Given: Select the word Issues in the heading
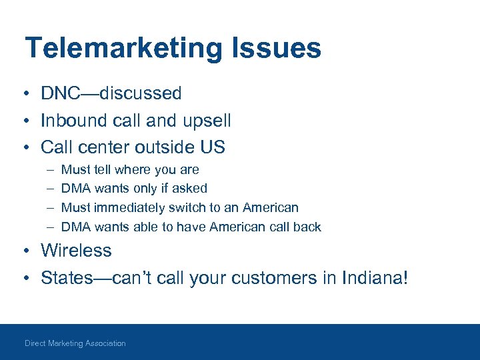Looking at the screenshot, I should pos(279,49).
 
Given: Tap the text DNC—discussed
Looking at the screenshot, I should pos(111,93).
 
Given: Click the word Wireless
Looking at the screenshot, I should pos(76,251).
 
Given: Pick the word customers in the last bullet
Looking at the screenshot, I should pos(267,277).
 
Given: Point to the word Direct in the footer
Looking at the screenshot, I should pos(35,343).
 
